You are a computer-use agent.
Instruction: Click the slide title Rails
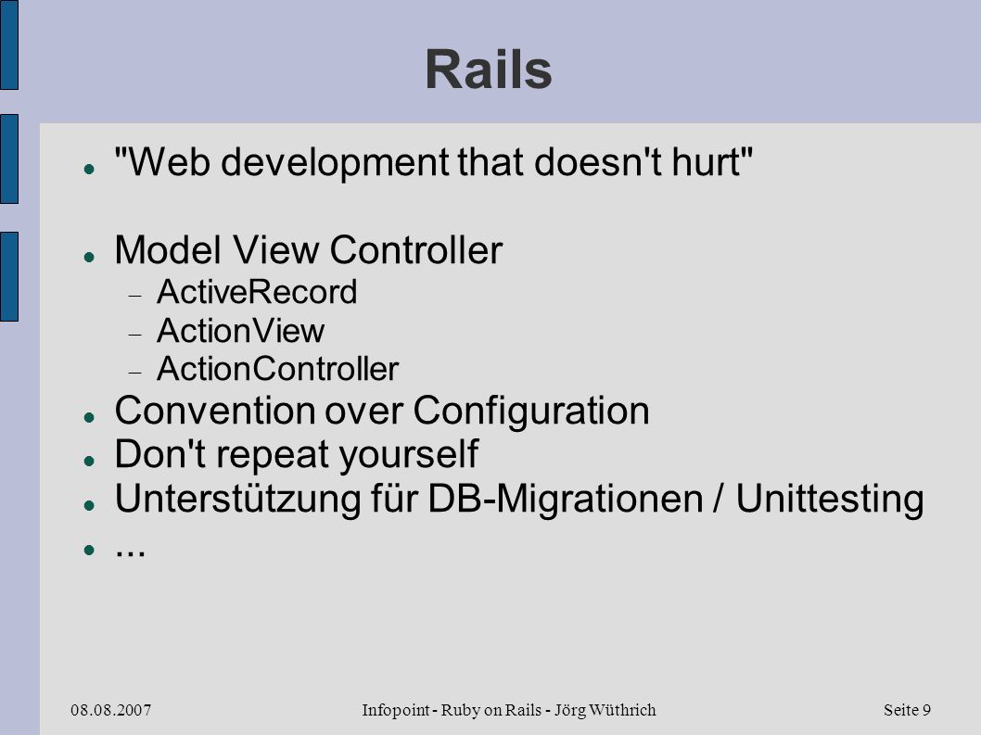tap(489, 70)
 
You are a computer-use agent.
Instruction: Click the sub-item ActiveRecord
tap(257, 292)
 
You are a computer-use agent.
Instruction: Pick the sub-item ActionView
tap(241, 331)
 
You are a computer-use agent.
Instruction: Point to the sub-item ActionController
tap(278, 369)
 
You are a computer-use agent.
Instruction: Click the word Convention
tap(214, 411)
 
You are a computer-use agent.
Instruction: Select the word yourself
tap(409, 455)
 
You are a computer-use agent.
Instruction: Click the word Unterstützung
tap(237, 501)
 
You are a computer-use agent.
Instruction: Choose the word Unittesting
tap(830, 501)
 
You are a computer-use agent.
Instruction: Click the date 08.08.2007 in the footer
tap(110, 710)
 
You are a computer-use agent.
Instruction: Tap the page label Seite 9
tap(907, 710)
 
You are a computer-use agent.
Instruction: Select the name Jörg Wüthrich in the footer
tap(605, 711)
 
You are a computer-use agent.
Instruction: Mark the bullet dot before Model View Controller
tap(89, 257)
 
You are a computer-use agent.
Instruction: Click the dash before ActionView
tap(135, 336)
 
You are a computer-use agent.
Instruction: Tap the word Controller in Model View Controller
tap(415, 250)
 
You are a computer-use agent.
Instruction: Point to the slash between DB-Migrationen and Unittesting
tap(719, 500)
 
